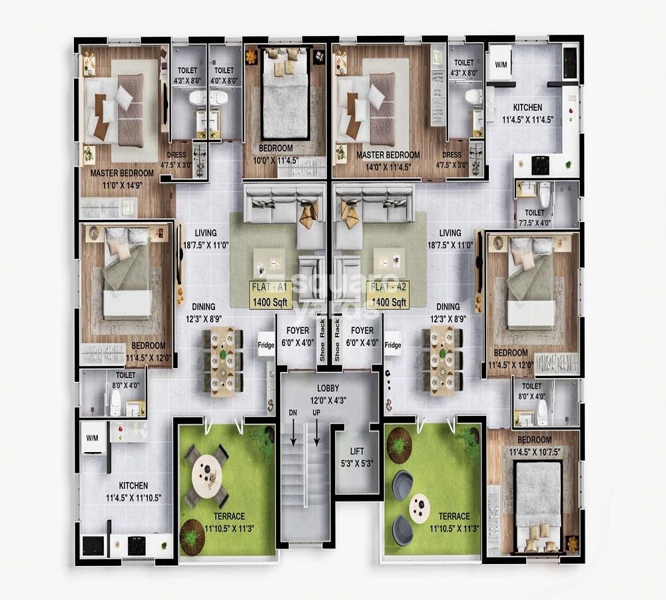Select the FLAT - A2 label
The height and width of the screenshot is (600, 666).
pos(390,288)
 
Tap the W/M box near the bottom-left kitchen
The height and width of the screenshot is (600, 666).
pos(93,439)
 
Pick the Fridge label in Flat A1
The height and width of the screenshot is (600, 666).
pos(266,345)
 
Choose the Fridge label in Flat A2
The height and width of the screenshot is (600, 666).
pos(393,345)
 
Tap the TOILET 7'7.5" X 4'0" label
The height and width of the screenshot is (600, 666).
pos(533,217)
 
